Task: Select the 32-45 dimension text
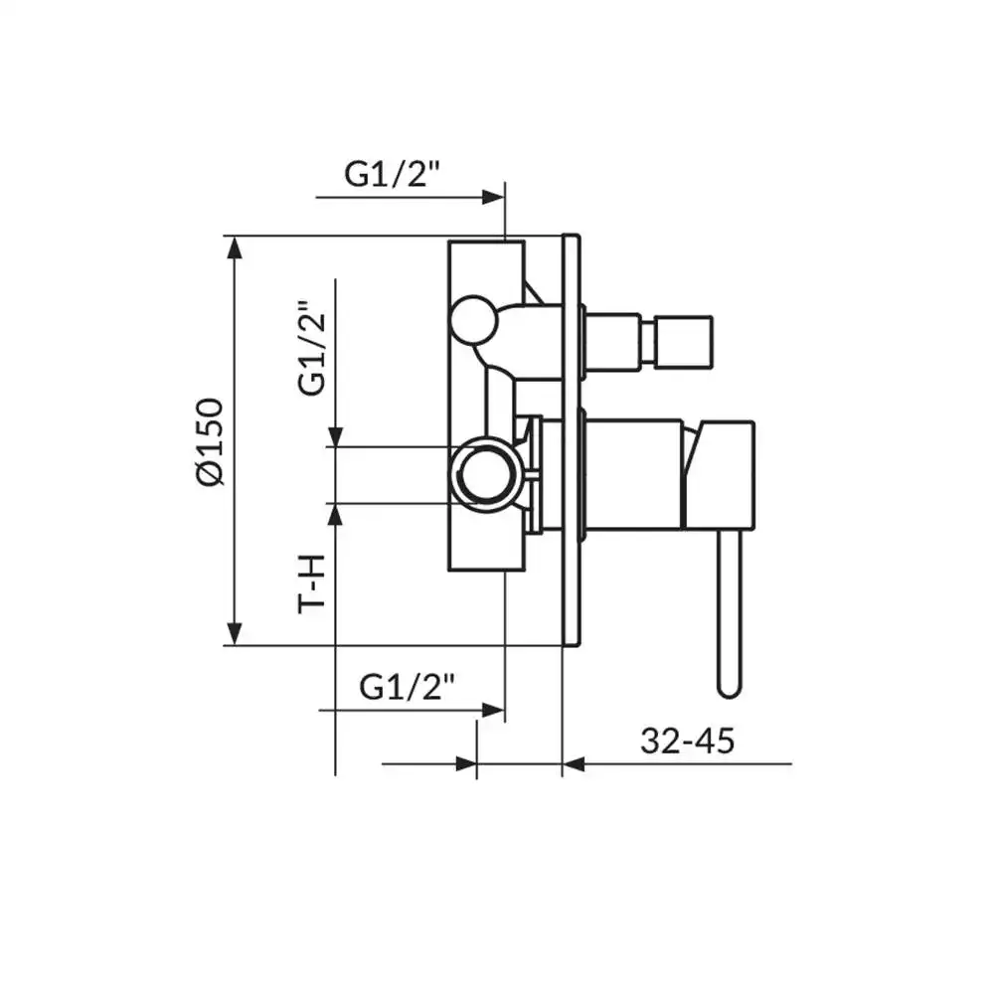(x=687, y=741)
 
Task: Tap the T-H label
(x=311, y=583)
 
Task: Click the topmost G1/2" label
(x=392, y=174)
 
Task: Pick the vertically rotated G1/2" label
(x=312, y=348)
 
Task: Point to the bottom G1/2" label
(x=407, y=687)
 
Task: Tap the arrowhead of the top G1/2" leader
(x=493, y=198)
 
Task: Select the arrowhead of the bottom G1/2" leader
(x=493, y=710)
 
